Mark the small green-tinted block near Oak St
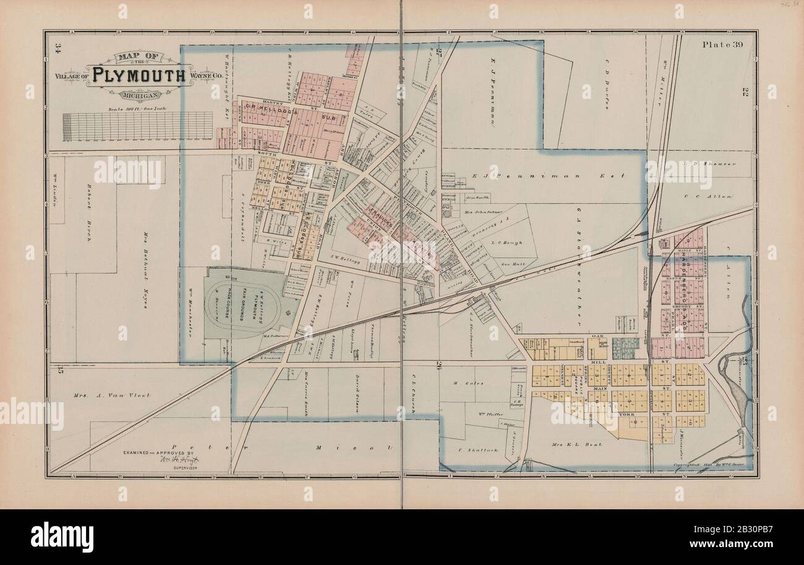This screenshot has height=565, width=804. click(625, 347)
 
